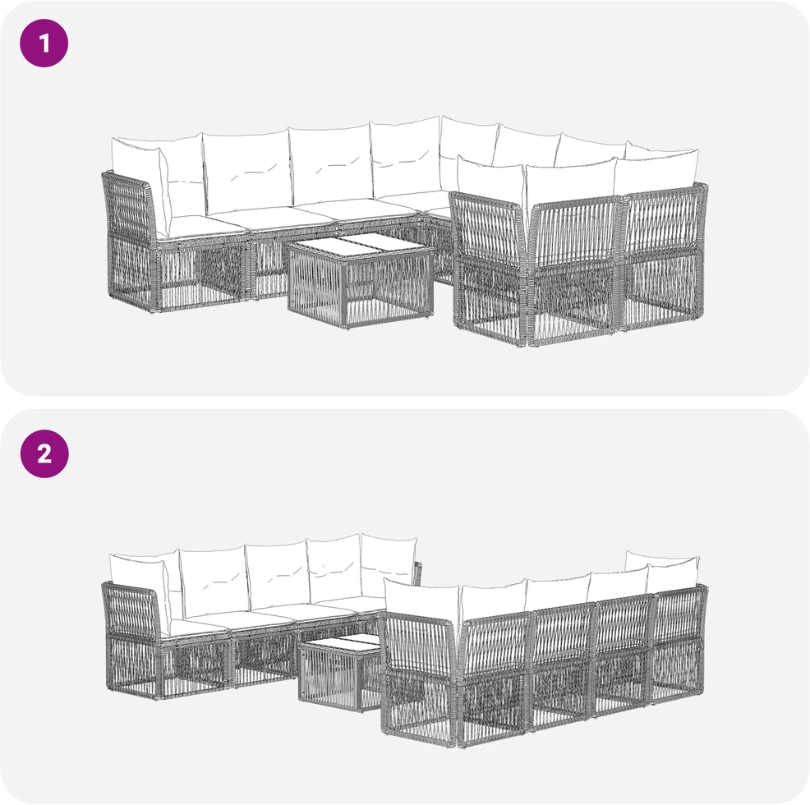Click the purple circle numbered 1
point(44,43)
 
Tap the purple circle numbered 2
point(44,453)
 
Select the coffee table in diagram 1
point(361,282)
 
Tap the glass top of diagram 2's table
point(343,642)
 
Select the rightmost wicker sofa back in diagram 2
point(679,643)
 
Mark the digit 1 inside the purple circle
point(44,44)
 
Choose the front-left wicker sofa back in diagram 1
point(488,266)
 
